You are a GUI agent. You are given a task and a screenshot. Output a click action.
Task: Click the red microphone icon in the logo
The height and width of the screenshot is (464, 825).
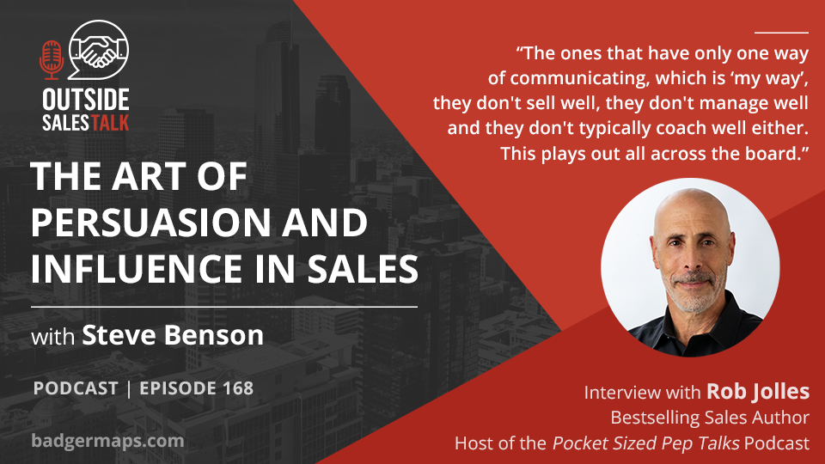pos(52,60)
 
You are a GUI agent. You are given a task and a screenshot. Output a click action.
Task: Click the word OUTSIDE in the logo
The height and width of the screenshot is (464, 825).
pos(86,100)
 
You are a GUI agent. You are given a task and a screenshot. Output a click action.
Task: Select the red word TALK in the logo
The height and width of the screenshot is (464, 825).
pos(109,123)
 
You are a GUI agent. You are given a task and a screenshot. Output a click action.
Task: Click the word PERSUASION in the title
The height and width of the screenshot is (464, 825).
pos(150,223)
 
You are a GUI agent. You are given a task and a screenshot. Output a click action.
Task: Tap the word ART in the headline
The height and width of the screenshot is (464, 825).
pos(150,176)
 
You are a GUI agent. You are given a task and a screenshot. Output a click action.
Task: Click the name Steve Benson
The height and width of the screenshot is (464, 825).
pos(173,335)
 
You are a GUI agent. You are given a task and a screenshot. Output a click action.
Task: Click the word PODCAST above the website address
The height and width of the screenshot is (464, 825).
pos(76,388)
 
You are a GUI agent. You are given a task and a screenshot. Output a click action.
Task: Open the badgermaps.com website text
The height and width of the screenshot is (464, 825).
pos(108,441)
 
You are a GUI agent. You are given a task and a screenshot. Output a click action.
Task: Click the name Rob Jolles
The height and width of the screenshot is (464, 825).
pos(758,392)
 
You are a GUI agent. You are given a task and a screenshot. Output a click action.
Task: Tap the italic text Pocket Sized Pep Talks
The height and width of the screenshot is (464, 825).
pos(645,443)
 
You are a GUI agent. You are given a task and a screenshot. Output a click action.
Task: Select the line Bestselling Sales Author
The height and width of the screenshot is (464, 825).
pos(710,418)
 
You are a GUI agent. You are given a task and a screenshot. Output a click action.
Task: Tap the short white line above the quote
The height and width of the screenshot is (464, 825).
pos(781,33)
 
